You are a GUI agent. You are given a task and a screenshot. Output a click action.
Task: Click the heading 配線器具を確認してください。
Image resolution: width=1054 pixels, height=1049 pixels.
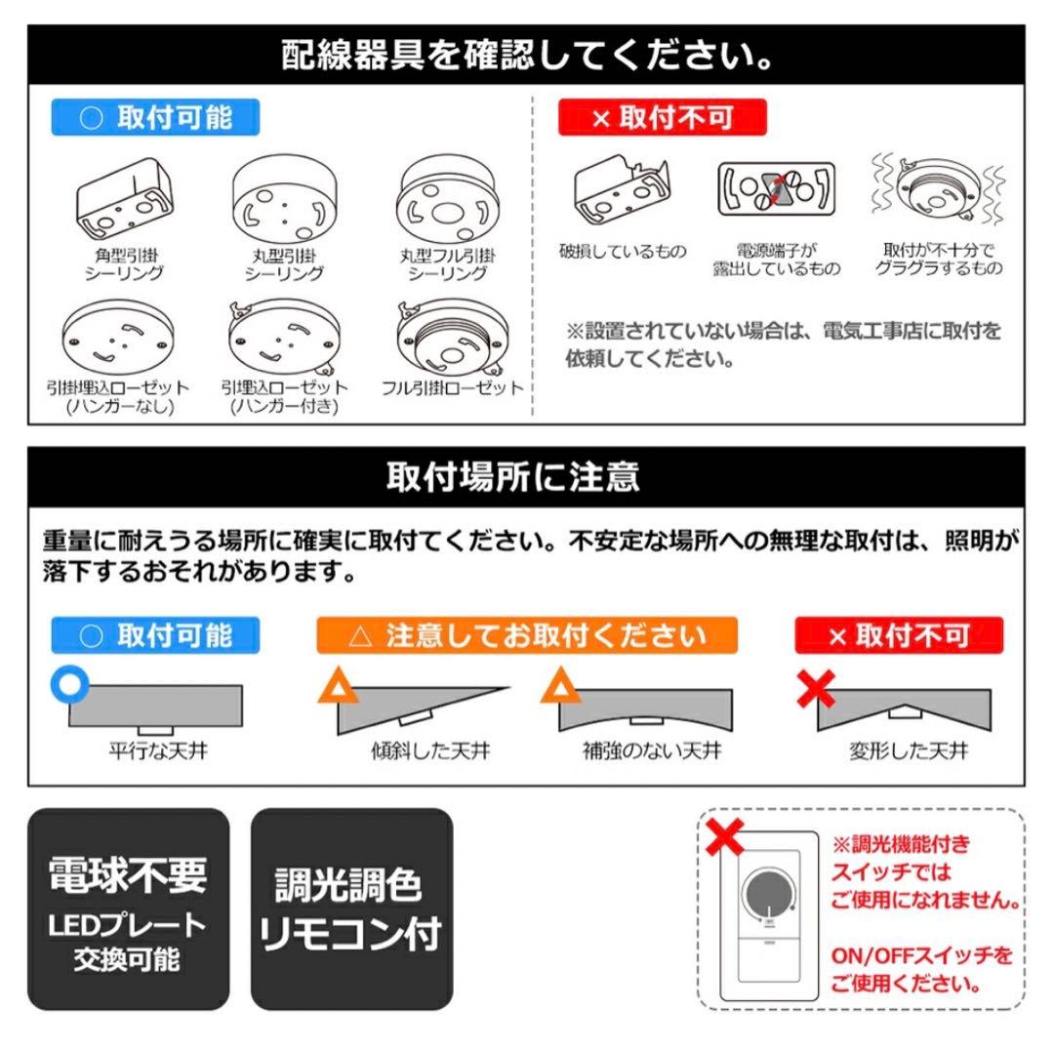[527, 54]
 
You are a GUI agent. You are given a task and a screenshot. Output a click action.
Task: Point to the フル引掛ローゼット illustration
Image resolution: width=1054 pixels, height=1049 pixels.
[451, 338]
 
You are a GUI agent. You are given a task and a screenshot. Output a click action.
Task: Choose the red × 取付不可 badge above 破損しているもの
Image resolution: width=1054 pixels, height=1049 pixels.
[663, 118]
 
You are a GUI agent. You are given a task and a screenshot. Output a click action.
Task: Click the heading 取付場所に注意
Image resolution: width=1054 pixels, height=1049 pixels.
[527, 477]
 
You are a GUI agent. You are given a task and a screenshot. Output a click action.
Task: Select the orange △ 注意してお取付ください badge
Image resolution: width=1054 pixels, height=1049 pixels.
[527, 636]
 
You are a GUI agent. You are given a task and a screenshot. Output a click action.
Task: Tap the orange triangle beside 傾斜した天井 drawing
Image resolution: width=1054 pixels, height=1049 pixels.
[335, 688]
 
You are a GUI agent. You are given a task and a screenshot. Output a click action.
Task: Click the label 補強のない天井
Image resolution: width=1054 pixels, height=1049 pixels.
[652, 751]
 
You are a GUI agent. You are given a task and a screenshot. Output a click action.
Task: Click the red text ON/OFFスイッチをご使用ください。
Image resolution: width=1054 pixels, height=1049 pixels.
[921, 969]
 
